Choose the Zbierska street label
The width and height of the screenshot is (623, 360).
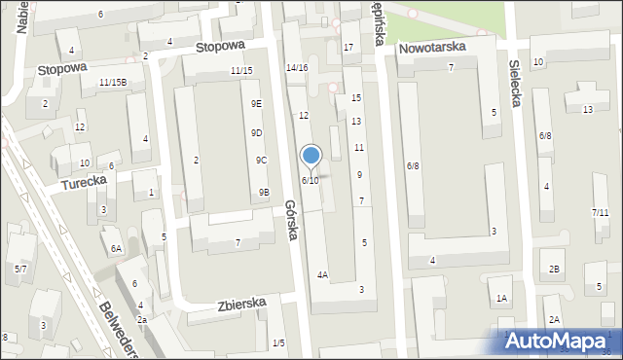coord(242,304)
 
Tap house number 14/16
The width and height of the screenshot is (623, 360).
coord(297,67)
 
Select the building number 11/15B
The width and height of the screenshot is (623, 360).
coord(112,83)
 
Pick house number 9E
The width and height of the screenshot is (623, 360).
coord(256,103)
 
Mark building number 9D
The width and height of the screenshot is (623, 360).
coord(257,133)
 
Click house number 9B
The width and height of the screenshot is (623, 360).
coord(264,193)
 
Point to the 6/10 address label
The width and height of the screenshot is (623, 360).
coord(310,181)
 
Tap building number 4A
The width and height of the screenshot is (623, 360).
coord(322,275)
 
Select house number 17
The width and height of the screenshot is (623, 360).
coord(348,48)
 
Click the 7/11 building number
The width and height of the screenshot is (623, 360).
coord(600,212)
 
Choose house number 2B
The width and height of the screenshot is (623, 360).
coord(554,269)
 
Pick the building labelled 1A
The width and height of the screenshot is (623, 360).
coord(501,299)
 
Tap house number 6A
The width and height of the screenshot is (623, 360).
coord(116,249)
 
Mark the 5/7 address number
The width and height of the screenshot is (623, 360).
coord(20,268)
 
